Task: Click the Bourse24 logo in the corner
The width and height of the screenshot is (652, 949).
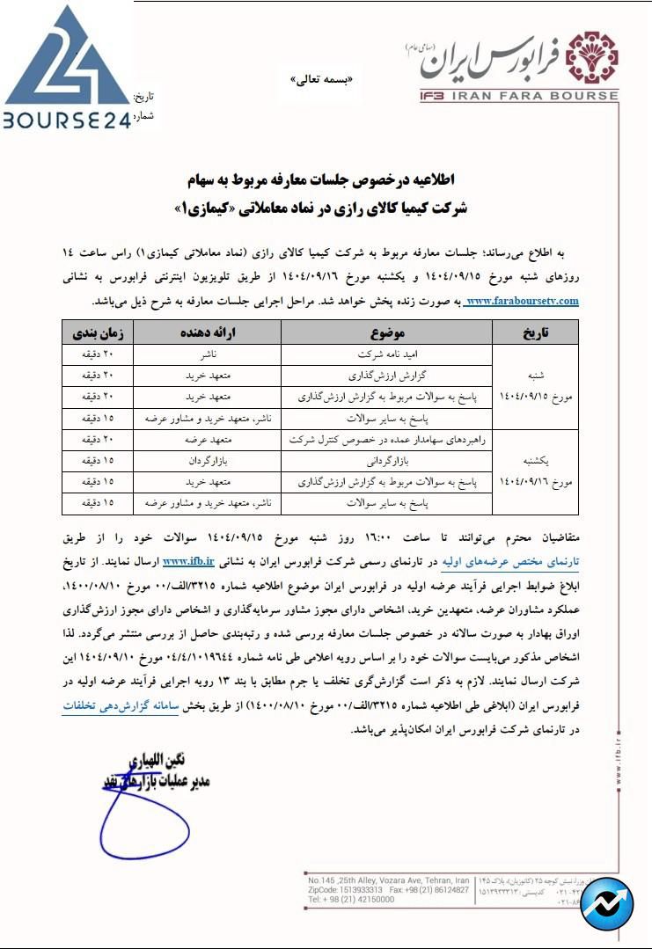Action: [66, 66]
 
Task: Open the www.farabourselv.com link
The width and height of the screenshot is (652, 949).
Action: [522, 301]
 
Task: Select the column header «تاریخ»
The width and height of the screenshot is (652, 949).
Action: [535, 332]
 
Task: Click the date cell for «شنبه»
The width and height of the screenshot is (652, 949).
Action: [535, 386]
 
